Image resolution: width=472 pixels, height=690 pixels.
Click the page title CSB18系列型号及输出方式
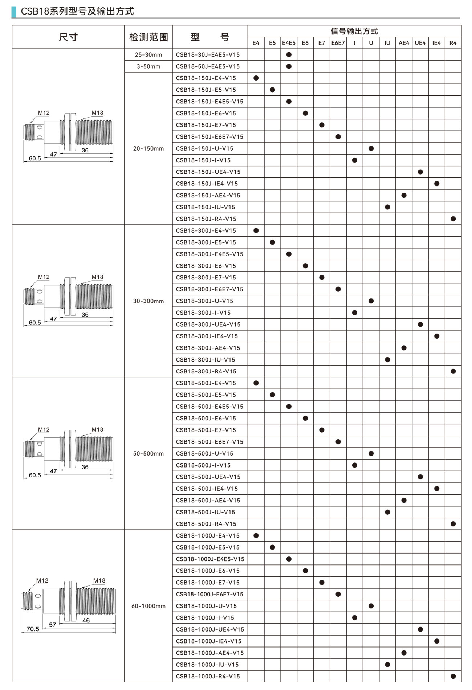77,11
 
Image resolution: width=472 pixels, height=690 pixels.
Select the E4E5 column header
289,43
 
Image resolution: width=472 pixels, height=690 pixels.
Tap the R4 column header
453,43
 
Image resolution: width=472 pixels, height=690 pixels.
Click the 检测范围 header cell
148,37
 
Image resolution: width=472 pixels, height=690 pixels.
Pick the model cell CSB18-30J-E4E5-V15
208,55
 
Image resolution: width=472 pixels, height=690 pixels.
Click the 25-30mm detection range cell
148,55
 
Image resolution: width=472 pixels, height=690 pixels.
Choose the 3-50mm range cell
148,66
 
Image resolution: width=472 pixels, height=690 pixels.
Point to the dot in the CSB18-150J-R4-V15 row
453,219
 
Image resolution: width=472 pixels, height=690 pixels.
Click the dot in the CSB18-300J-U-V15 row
371,301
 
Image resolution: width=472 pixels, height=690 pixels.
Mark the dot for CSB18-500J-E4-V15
256,383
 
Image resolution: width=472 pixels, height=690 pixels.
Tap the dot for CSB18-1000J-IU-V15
387,665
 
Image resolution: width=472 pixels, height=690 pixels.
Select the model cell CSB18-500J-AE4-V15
208,500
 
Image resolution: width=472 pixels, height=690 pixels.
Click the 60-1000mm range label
148,606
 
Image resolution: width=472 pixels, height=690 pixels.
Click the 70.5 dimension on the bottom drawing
33,629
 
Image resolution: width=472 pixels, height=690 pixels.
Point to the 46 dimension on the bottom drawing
86,620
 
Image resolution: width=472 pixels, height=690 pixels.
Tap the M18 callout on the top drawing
97,113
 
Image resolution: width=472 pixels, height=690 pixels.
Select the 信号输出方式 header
354,31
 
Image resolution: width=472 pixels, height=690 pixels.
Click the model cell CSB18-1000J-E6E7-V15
209,594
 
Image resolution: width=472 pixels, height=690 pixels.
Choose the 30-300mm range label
148,301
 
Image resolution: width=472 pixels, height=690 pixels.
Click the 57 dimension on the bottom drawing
53,625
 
